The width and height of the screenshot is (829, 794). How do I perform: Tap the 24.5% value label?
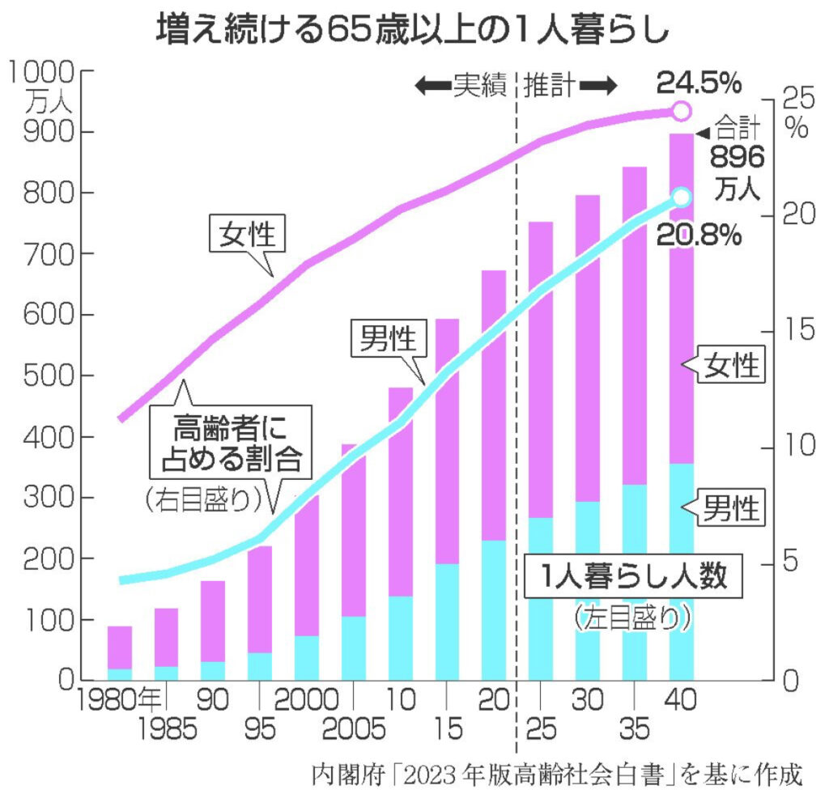tap(698, 82)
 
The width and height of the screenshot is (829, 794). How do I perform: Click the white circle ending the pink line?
tap(682, 111)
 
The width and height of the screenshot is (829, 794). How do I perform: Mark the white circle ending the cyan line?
tap(682, 197)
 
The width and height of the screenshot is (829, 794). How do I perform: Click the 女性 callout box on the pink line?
tap(248, 235)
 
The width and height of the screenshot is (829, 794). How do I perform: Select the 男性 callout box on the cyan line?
tap(388, 339)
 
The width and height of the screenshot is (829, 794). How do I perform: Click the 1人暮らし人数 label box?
tap(632, 577)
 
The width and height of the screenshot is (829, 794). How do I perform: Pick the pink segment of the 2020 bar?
tap(493, 405)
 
